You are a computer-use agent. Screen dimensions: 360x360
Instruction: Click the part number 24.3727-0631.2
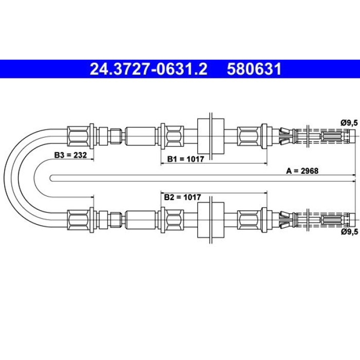[x=149, y=69]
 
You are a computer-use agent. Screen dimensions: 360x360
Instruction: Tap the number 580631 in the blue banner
[x=254, y=69]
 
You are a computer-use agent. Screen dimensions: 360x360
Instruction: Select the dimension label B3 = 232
[x=70, y=155]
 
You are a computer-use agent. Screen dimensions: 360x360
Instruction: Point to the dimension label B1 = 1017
[x=186, y=159]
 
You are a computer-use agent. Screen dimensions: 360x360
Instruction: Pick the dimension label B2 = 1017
[x=183, y=197]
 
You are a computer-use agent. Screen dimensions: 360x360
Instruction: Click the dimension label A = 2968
[x=302, y=171]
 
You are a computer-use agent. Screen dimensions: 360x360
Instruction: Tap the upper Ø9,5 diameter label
[x=349, y=123]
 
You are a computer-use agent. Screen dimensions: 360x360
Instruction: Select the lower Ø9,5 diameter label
[x=349, y=232]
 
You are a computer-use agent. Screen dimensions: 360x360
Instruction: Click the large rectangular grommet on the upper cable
[x=211, y=136]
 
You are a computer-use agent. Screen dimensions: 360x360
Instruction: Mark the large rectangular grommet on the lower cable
[x=211, y=220]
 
